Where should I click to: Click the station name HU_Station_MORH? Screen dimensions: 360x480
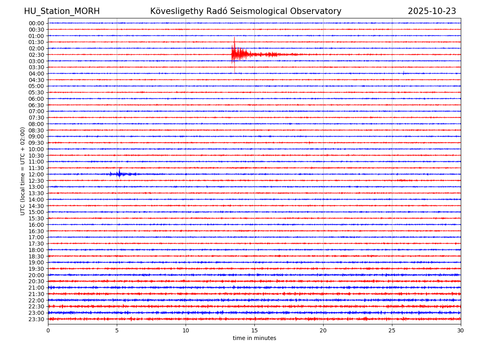coord(62,11)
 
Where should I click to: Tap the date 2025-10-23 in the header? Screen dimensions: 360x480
coord(432,11)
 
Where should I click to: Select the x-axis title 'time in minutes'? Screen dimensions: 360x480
coord(254,338)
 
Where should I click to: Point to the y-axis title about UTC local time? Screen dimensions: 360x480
coord(23,171)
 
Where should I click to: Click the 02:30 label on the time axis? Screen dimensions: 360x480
coord(36,55)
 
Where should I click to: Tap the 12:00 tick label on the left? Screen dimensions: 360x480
coord(36,174)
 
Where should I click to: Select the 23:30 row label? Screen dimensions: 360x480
coord(36,319)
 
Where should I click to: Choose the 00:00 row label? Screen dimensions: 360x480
coord(36,23)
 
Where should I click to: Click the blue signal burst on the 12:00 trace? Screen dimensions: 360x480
coord(119,174)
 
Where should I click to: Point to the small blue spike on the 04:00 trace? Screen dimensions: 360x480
coord(404,72)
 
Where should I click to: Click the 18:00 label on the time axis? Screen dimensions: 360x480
coord(36,250)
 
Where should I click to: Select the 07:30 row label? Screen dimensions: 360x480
coord(36,118)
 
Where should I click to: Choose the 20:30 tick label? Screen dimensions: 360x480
coord(36,281)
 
